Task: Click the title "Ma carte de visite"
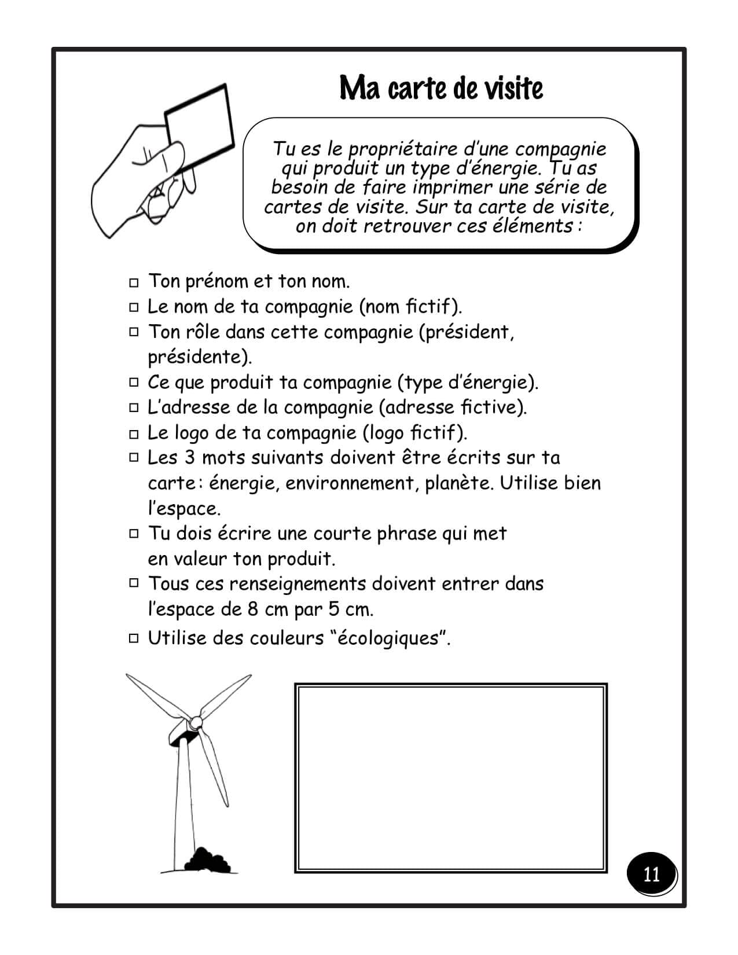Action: click(441, 89)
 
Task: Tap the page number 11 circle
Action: click(651, 874)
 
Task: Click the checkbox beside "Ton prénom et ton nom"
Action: click(134, 282)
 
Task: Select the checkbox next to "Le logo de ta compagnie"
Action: click(134, 434)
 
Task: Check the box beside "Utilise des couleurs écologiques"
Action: click(134, 638)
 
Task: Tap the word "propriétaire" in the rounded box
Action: click(403, 149)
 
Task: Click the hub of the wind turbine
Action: click(196, 722)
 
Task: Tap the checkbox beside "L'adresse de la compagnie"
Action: click(134, 408)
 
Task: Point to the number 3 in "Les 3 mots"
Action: click(190, 458)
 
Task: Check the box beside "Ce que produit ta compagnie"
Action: click(134, 383)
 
